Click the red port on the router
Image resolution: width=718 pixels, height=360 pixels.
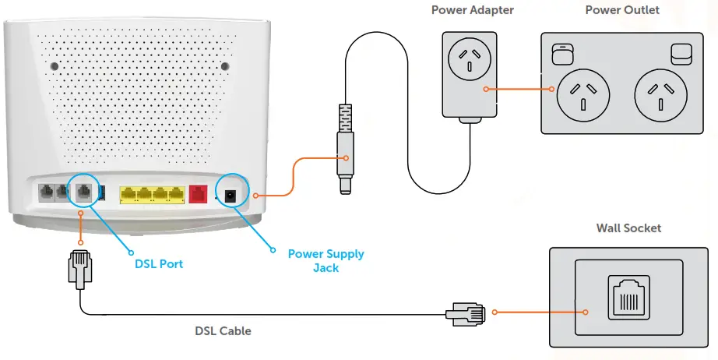pos(198,194)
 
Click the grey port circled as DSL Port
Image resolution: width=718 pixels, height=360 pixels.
pos(83,192)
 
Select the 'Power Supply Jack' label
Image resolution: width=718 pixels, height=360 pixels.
pos(326,260)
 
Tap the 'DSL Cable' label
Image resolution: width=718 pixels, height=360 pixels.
pos(223,331)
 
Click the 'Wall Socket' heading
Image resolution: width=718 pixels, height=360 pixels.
pos(628,228)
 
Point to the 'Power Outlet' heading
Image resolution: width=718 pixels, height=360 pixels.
pos(622,10)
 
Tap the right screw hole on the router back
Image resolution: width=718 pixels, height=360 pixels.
pos(223,67)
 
